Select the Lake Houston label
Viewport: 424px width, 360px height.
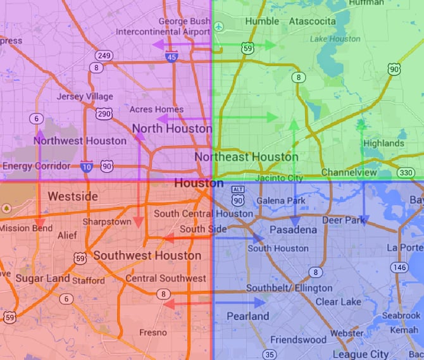[335, 39]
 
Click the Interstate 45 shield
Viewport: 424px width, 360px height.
[171, 57]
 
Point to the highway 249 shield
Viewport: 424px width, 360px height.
[105, 56]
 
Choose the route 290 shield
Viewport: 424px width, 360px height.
[104, 113]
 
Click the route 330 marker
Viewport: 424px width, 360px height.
[406, 173]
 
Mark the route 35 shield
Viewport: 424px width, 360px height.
[270, 354]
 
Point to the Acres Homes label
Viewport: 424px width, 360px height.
[156, 109]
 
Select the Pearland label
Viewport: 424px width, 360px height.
[248, 316]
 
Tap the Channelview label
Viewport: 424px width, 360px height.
[349, 173]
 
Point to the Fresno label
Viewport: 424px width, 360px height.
[153, 332]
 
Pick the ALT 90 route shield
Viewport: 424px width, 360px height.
[238, 196]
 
